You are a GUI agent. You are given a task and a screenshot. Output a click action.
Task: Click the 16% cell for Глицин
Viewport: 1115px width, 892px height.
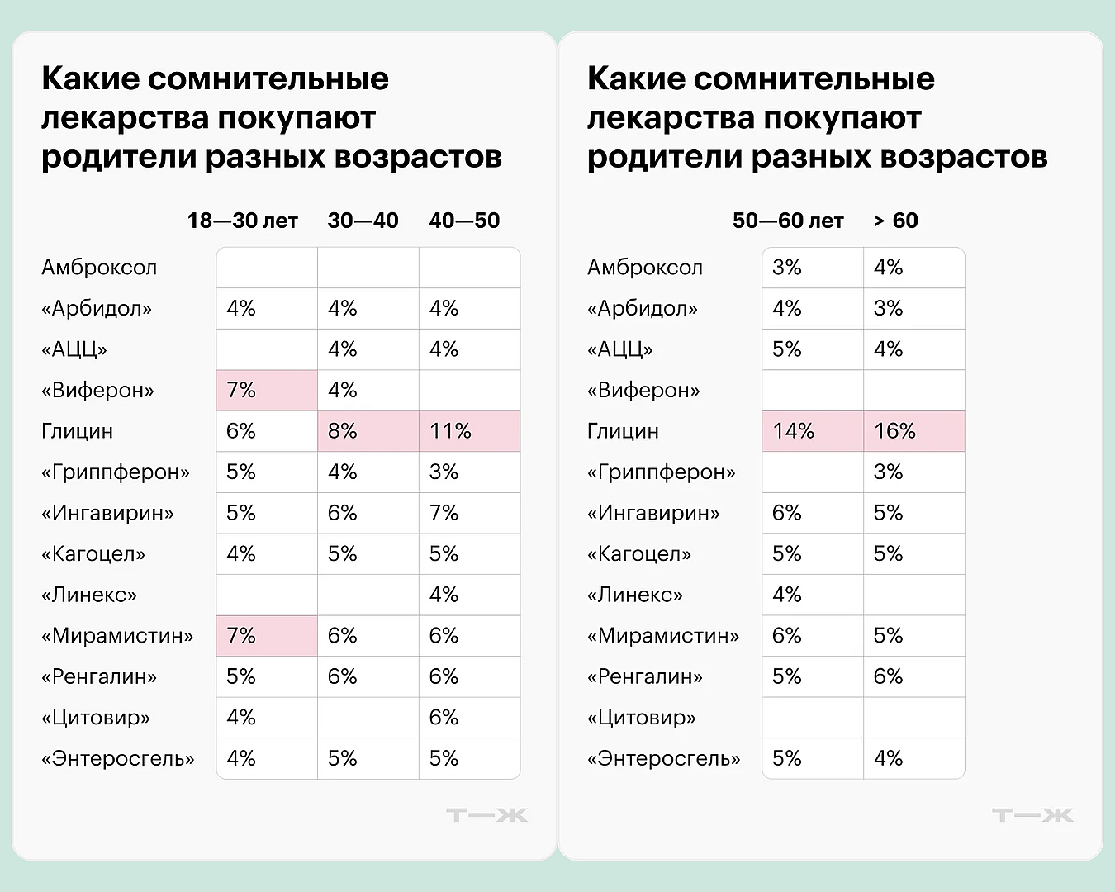(x=913, y=431)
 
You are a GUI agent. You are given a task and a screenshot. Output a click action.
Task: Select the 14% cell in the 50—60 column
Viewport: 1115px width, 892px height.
(x=812, y=431)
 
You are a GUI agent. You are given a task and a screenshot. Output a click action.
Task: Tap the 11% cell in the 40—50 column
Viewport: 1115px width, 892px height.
(x=469, y=431)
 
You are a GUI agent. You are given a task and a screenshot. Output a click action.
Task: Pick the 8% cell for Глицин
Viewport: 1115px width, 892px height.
(x=368, y=431)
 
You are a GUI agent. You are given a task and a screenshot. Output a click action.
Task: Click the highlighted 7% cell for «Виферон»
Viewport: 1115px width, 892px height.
(x=266, y=390)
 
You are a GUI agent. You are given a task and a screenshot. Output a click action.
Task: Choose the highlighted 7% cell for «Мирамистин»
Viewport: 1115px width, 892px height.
(x=266, y=636)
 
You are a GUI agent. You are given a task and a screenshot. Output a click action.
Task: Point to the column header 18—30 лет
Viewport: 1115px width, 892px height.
(x=242, y=221)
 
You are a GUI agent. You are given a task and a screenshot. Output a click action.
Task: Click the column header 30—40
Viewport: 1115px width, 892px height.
(x=363, y=221)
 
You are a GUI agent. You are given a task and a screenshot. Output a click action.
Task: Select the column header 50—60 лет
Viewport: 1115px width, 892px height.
(x=788, y=221)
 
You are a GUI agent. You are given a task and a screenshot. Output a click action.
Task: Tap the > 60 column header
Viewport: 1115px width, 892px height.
(x=896, y=221)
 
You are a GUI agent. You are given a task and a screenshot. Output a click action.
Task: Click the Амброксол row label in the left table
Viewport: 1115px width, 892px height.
(x=99, y=268)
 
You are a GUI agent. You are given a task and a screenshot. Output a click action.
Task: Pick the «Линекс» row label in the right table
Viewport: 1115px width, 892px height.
(x=635, y=595)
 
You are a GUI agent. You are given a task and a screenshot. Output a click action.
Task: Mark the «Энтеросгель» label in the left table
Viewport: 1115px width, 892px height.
(x=118, y=758)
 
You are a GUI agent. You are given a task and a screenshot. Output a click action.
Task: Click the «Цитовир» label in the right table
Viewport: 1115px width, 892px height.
(x=642, y=718)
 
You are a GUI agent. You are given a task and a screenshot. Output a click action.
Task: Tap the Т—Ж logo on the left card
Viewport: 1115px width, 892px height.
(x=486, y=815)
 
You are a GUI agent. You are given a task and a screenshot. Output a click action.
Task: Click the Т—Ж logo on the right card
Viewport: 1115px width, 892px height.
(x=1032, y=815)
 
